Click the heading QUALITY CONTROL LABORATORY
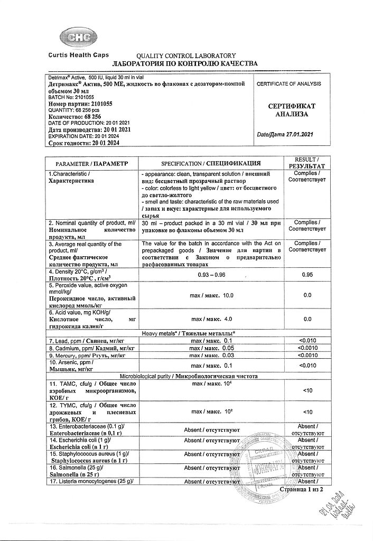click(x=185, y=56)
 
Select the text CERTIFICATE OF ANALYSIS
click(x=288, y=84)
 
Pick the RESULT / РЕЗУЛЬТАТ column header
click(x=307, y=162)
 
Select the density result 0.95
click(x=307, y=274)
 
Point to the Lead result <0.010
click(x=307, y=341)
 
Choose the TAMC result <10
click(x=307, y=391)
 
